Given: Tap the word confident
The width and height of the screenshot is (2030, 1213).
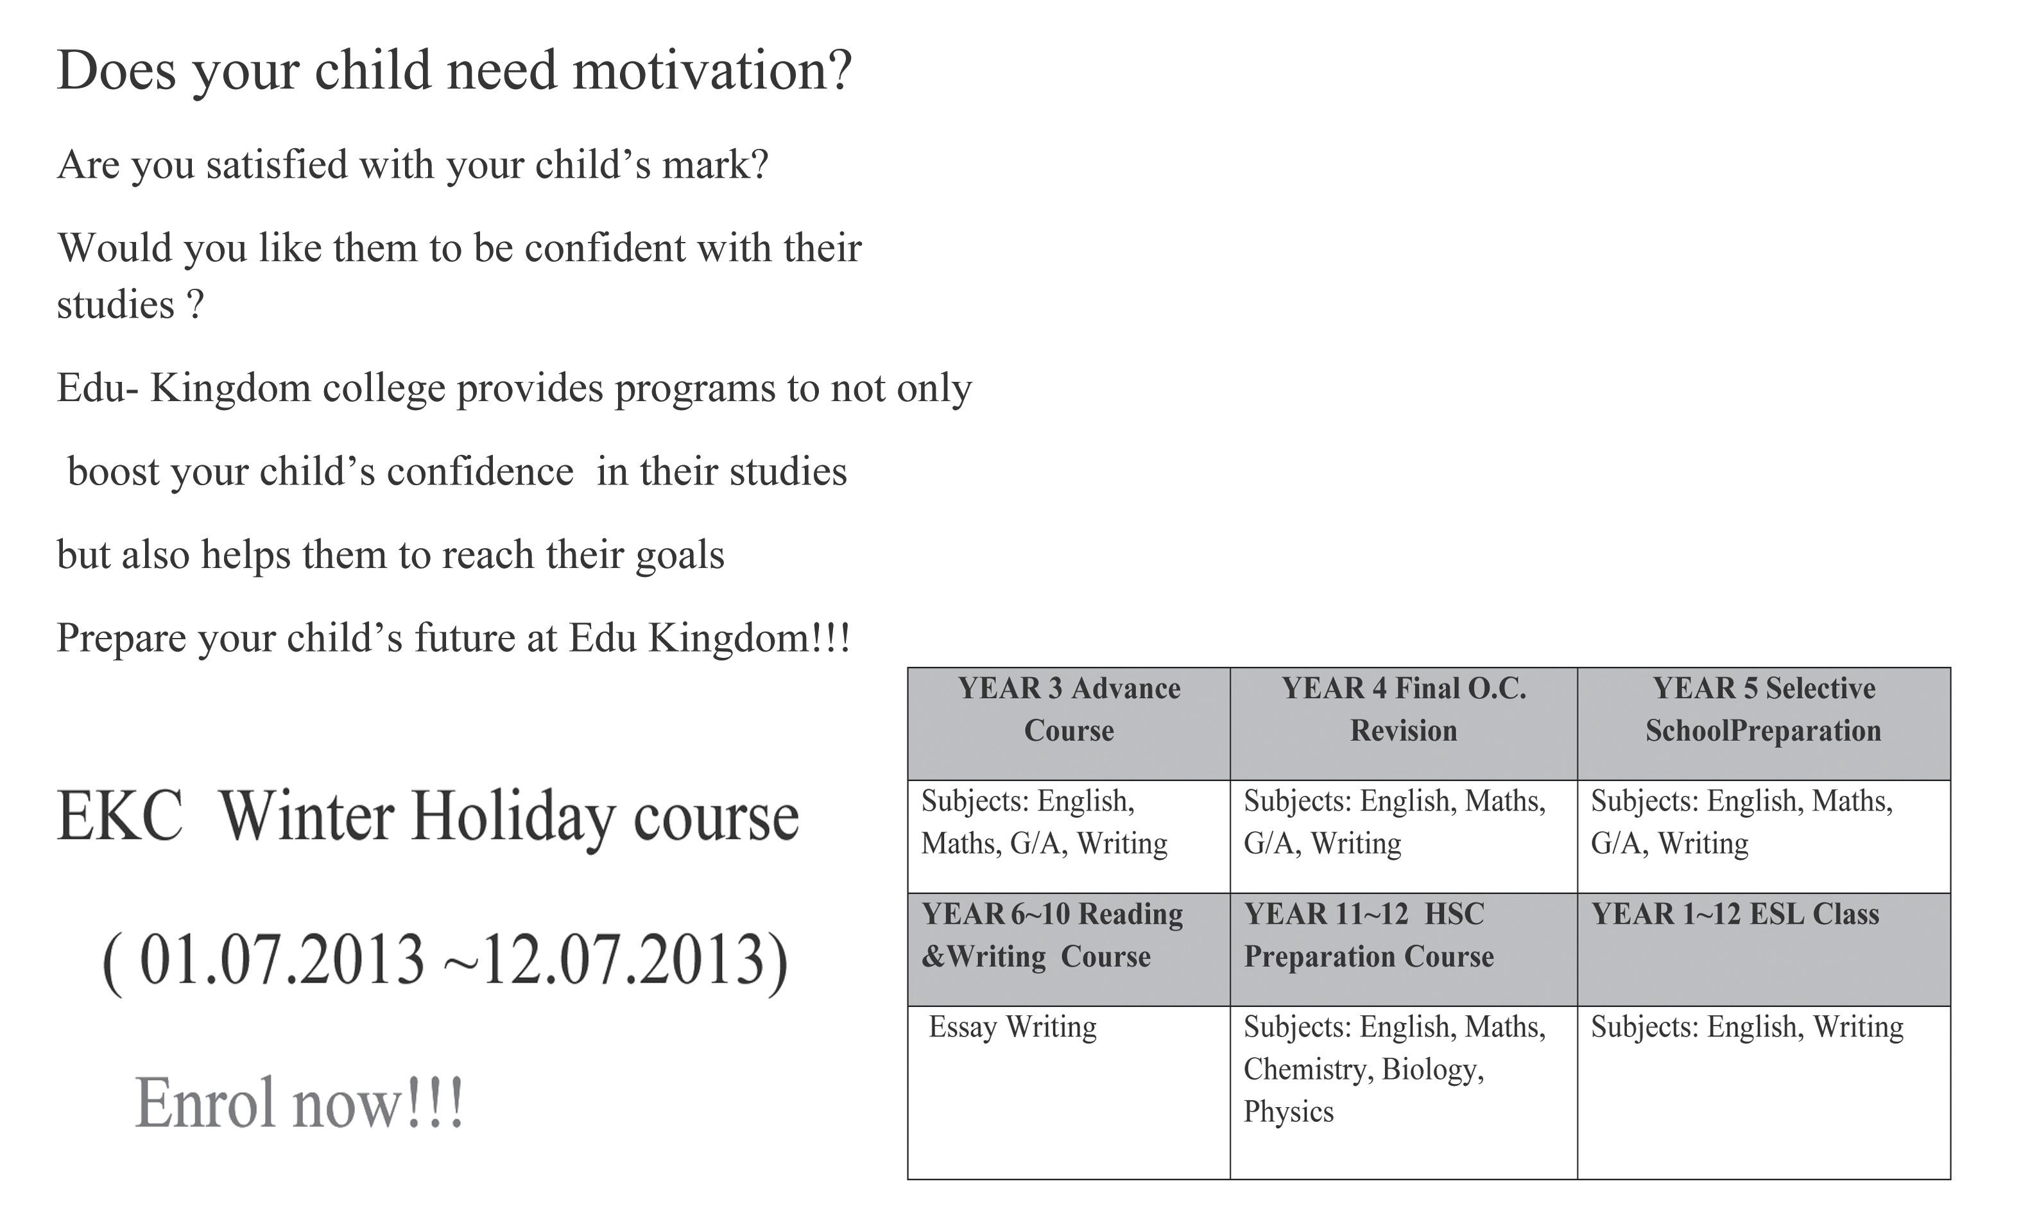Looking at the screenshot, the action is click(608, 248).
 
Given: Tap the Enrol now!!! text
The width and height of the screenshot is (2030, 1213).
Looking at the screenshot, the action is click(299, 1103).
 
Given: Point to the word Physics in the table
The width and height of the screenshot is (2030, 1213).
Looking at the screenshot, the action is click(1289, 1112).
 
